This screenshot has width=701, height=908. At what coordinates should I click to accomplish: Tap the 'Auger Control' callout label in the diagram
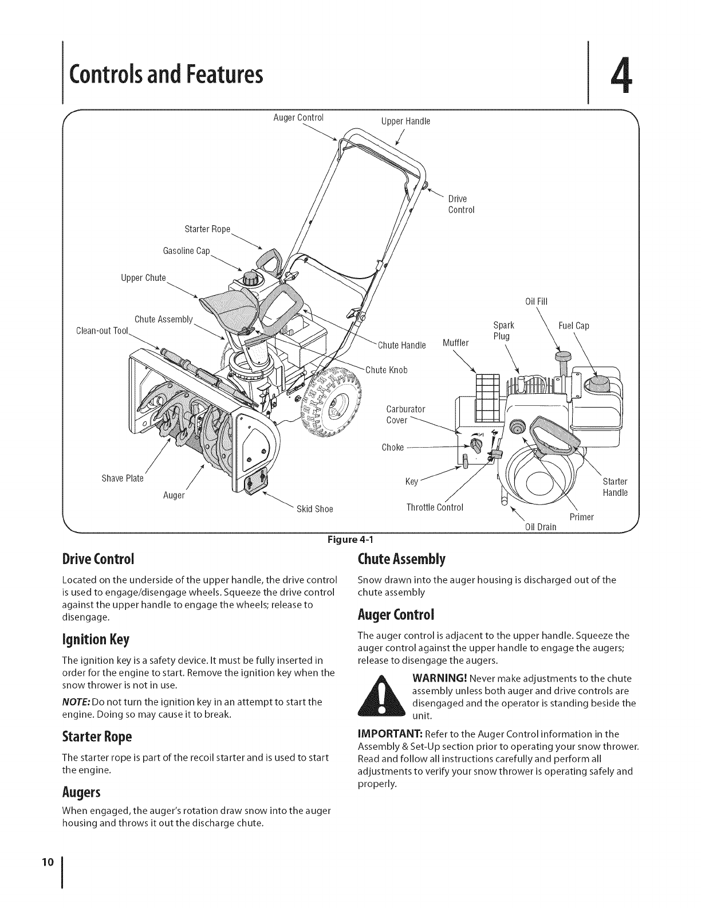(x=298, y=118)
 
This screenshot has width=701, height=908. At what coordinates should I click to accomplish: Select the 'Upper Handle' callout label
(x=405, y=121)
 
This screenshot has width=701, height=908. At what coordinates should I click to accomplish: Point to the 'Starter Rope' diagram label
(x=207, y=230)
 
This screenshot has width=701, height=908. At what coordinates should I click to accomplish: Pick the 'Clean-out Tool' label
(x=102, y=331)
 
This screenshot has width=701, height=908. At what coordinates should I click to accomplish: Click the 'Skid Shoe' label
(x=314, y=509)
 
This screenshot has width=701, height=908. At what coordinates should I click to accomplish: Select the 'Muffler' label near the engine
(x=456, y=343)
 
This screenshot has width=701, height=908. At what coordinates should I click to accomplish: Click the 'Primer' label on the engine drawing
(x=582, y=517)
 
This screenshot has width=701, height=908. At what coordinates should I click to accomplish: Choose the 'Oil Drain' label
(x=541, y=527)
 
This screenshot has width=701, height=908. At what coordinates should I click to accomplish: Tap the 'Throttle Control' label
(x=434, y=507)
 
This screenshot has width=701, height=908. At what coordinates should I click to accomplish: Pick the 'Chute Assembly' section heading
(x=401, y=558)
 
